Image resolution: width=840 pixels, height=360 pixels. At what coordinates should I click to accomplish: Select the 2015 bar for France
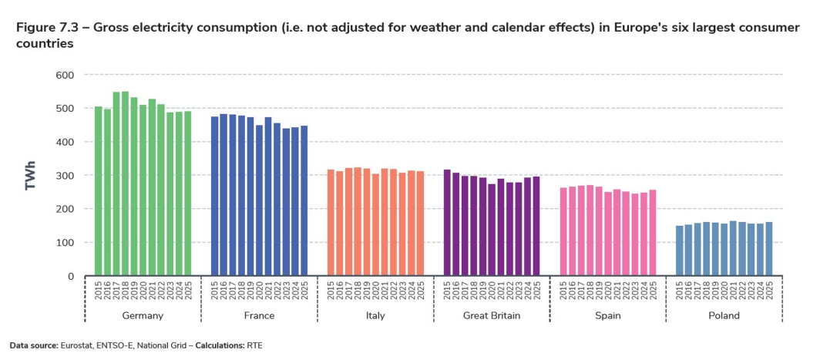pos(215,196)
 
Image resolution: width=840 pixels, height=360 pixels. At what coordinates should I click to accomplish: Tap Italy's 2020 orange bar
pos(375,224)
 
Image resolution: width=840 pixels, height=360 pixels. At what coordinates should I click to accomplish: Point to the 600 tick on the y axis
pos(64,75)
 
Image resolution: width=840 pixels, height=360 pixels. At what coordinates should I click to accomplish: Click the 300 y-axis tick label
pos(64,176)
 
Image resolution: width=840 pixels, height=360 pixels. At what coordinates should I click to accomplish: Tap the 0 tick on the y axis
pos(70,276)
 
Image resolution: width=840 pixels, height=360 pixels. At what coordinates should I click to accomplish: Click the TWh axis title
pos(31,176)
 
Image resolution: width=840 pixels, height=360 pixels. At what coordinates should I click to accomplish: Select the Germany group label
pos(143,316)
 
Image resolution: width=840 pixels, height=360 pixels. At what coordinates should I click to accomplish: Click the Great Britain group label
pos(491,316)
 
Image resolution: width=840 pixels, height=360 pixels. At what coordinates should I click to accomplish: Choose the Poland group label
pos(724,316)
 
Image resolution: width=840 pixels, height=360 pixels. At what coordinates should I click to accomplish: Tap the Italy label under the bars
pos(375,316)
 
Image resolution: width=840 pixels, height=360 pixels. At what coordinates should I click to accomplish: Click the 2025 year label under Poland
pos(768,292)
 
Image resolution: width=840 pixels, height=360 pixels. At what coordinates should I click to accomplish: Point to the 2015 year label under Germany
pos(99,292)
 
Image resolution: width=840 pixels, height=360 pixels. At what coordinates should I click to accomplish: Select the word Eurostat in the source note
pos(76,345)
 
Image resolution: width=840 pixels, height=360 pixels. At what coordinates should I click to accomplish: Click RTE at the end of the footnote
pos(255,345)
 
